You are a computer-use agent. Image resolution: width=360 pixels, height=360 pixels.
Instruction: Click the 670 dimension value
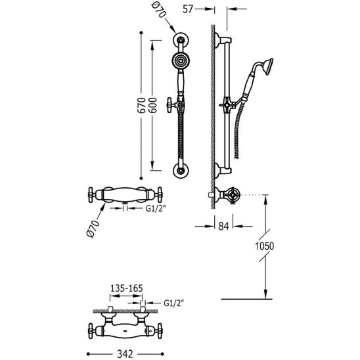(141, 105)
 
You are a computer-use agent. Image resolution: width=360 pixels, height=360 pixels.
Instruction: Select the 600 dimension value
(152, 105)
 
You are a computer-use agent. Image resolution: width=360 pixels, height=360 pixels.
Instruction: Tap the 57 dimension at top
(188, 9)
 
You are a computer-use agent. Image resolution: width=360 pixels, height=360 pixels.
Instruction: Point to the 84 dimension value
(223, 227)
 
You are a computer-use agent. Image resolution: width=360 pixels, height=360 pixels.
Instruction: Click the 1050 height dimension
(265, 246)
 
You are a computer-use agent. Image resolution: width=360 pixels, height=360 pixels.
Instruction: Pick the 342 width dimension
(125, 354)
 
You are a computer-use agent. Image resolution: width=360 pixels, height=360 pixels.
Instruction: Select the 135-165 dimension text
(127, 288)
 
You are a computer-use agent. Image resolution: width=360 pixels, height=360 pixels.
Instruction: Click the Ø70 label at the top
(158, 11)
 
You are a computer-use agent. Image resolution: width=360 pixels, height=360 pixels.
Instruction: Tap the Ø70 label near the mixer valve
(93, 229)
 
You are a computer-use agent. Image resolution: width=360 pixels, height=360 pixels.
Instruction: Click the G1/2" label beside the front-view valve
(156, 208)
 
